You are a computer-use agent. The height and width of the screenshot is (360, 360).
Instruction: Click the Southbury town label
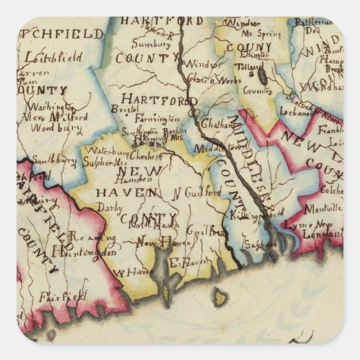(x=54, y=161)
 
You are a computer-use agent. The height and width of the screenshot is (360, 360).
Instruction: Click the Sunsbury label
(x=151, y=44)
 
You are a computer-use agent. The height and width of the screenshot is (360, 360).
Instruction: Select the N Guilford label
(x=197, y=192)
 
